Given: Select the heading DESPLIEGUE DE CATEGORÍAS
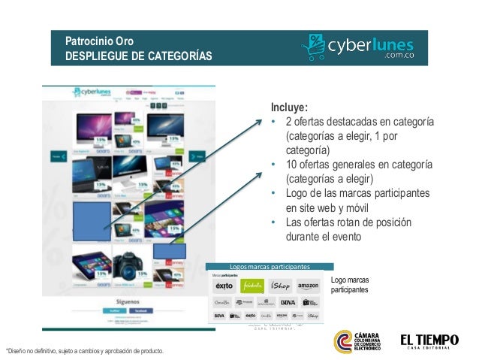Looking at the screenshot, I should (x=139, y=56).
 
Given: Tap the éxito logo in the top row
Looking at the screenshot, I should (x=223, y=286).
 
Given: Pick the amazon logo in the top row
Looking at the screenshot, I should (x=308, y=286).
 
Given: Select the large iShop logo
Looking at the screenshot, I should (x=280, y=286).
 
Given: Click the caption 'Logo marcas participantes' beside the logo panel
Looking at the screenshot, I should (x=349, y=285).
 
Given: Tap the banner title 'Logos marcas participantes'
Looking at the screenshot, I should (x=270, y=267).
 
